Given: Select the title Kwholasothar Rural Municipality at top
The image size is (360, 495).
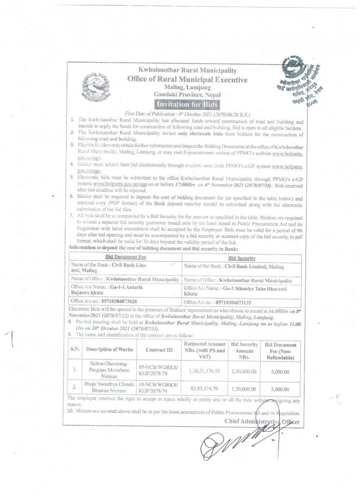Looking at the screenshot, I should [x=188, y=71].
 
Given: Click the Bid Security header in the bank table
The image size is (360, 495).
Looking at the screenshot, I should [x=242, y=256].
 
